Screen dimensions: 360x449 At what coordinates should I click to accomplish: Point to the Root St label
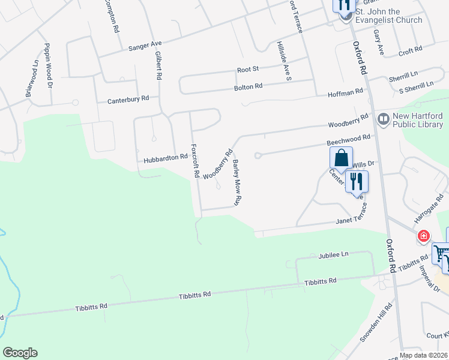click(247, 70)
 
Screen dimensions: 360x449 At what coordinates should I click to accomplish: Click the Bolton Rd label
click(249, 86)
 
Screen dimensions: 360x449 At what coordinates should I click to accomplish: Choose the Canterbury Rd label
click(128, 99)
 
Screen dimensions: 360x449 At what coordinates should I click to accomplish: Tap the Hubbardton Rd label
click(166, 159)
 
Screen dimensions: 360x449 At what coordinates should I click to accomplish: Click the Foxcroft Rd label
click(194, 160)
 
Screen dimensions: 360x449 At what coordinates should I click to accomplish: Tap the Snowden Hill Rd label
click(384, 325)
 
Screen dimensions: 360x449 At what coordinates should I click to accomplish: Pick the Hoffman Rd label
click(345, 92)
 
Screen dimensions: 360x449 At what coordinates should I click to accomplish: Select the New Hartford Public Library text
click(417, 120)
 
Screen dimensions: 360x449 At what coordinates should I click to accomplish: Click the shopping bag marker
click(340, 158)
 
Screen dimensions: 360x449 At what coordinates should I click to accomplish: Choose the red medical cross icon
click(424, 236)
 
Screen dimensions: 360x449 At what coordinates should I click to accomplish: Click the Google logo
click(20, 353)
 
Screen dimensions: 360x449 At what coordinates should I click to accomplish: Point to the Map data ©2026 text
click(424, 355)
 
